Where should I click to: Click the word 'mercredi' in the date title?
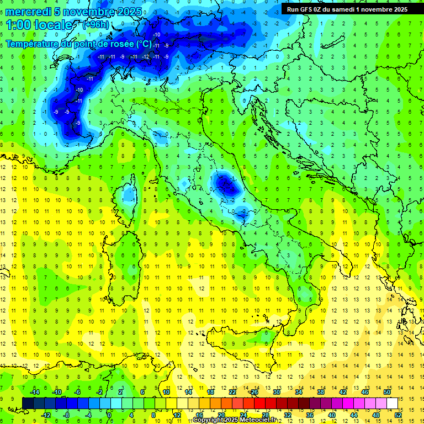pyautogui.click(x=29, y=12)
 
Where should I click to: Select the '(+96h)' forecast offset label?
pyautogui.click(x=95, y=25)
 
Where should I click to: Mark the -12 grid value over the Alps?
pyautogui.click(x=145, y=57)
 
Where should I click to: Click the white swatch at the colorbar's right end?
pyautogui.click(x=392, y=404)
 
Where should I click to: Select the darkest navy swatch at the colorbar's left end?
pyautogui.click(x=28, y=404)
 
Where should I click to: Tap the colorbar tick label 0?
pyautogui.click(x=109, y=415)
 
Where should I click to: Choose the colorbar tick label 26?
pyautogui.click(x=254, y=392)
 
